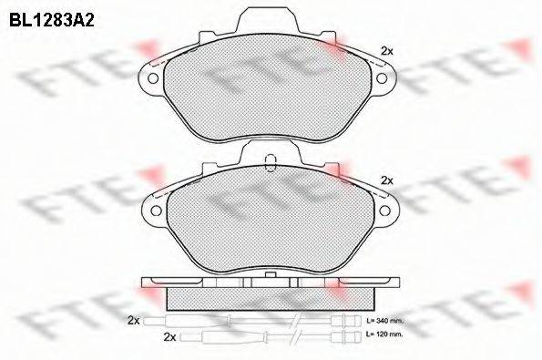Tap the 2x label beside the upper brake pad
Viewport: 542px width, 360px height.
[x=386, y=50]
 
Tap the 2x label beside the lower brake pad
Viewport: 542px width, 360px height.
[x=386, y=180]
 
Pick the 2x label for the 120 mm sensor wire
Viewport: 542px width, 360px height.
[x=168, y=337]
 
